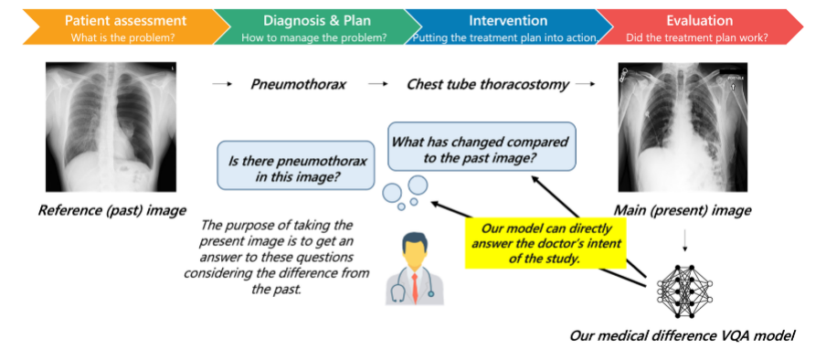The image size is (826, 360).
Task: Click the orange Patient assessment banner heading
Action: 125,20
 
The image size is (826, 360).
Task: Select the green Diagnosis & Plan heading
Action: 317,20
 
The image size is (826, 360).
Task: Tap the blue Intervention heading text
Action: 508,20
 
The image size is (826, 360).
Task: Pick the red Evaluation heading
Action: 700,20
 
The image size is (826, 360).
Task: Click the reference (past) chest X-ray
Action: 110,126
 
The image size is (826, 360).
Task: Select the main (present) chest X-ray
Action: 683,127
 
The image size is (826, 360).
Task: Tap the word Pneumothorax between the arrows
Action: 298,84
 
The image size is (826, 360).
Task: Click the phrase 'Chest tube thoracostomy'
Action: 487,84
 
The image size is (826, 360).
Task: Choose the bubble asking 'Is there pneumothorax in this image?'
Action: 296,165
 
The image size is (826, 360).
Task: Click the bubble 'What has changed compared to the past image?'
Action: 482,146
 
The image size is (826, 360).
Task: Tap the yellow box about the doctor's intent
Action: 545,242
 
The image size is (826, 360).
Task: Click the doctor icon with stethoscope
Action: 414,270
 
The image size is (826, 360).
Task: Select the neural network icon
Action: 684,291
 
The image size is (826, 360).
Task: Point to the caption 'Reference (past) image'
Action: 111,211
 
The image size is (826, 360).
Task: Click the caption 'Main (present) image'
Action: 683,211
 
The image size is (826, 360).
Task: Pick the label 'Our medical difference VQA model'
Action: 682,335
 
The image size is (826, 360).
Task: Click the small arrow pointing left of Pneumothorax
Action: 222,84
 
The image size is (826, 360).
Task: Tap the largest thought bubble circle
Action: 418,185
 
